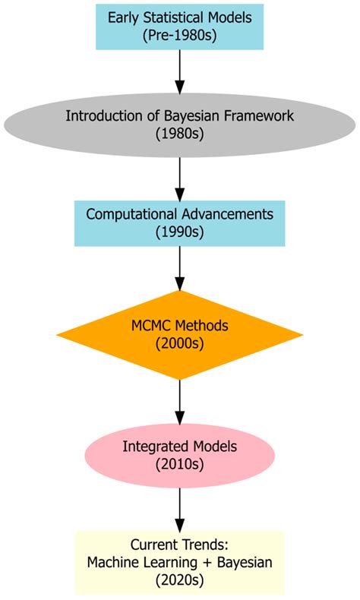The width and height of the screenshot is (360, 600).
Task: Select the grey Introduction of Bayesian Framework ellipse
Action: pos(179,125)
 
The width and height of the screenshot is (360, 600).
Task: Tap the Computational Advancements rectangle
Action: pos(179,223)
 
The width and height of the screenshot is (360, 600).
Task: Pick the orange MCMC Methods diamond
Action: pos(179,335)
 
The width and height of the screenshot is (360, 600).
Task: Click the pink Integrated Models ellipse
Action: pos(179,454)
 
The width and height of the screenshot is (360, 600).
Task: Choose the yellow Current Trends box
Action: pos(179,561)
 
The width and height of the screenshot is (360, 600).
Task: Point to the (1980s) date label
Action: pos(179,134)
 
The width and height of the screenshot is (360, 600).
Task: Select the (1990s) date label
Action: pos(179,232)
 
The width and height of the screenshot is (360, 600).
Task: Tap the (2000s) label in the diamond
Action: pos(179,344)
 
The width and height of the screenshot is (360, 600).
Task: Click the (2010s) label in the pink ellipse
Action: pos(179,463)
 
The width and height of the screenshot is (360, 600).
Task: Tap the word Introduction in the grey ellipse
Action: pos(101,116)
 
